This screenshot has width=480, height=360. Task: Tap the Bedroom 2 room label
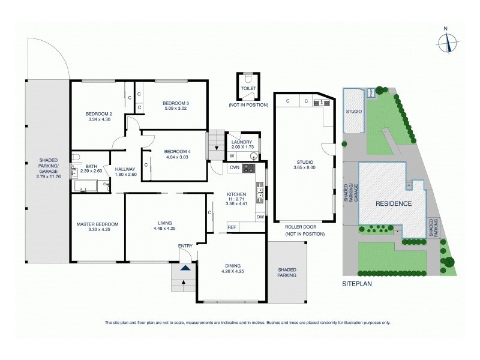99,114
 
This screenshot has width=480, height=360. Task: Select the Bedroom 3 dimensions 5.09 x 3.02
176,109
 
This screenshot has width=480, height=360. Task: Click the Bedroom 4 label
177,151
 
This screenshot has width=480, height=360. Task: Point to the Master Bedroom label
97,224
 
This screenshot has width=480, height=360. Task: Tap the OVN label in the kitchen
235,167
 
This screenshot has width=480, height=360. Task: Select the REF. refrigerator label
232,226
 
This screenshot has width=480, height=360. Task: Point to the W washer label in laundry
232,157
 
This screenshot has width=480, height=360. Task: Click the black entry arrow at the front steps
186,269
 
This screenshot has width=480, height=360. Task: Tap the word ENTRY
185,246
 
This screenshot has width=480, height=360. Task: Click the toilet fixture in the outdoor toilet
248,79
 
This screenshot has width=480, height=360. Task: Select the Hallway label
125,169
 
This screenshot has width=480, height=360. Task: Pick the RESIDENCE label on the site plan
394,203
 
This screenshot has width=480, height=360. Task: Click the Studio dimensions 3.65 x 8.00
305,167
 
